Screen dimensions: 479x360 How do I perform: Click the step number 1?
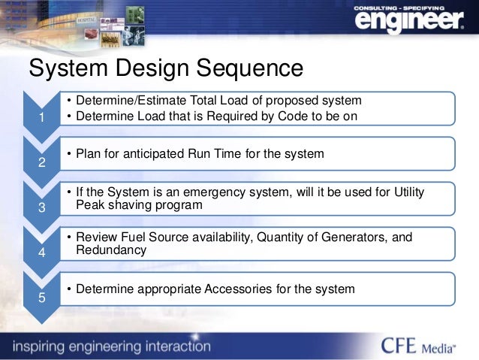click(42, 118)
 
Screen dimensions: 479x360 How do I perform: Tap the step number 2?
click(42, 163)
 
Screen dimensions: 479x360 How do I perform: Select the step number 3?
click(42, 208)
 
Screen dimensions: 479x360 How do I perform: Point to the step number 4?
click(42, 253)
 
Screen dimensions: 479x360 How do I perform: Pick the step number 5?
click(42, 298)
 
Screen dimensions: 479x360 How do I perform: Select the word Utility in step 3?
click(405, 192)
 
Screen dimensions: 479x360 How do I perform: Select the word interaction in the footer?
click(173, 346)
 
